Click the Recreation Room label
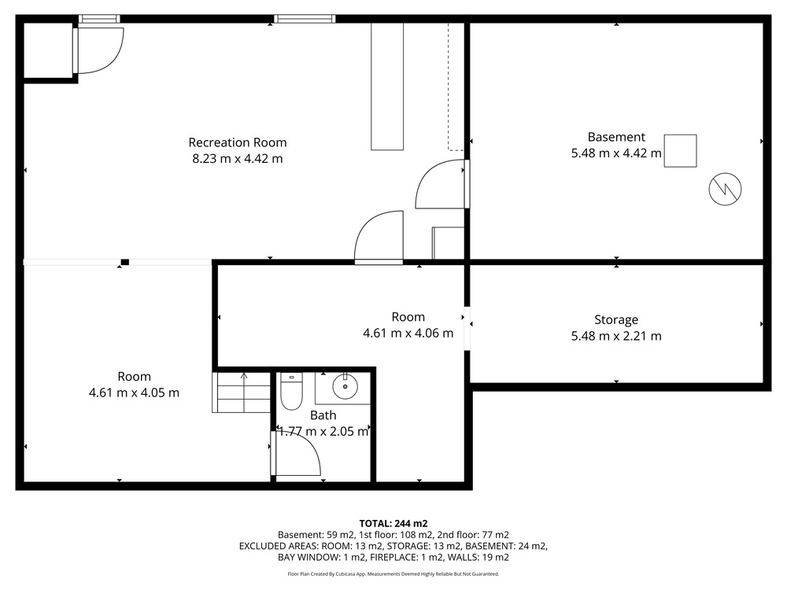pos(238,142)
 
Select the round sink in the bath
pos(345,386)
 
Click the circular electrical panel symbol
pos(725,189)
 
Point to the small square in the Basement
pos(680,150)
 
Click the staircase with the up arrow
pos(242,393)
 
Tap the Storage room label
pos(616,319)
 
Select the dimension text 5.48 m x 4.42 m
pos(616,153)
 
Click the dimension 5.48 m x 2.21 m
pos(616,336)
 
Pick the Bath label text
pos(323,415)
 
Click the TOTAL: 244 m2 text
pos(393,524)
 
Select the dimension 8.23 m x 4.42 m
pos(238,159)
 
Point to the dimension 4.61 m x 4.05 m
pos(134,393)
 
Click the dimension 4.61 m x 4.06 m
pos(408,333)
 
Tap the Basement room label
pos(616,137)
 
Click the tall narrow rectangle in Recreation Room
pos(387,87)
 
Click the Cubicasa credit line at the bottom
pos(393,574)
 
